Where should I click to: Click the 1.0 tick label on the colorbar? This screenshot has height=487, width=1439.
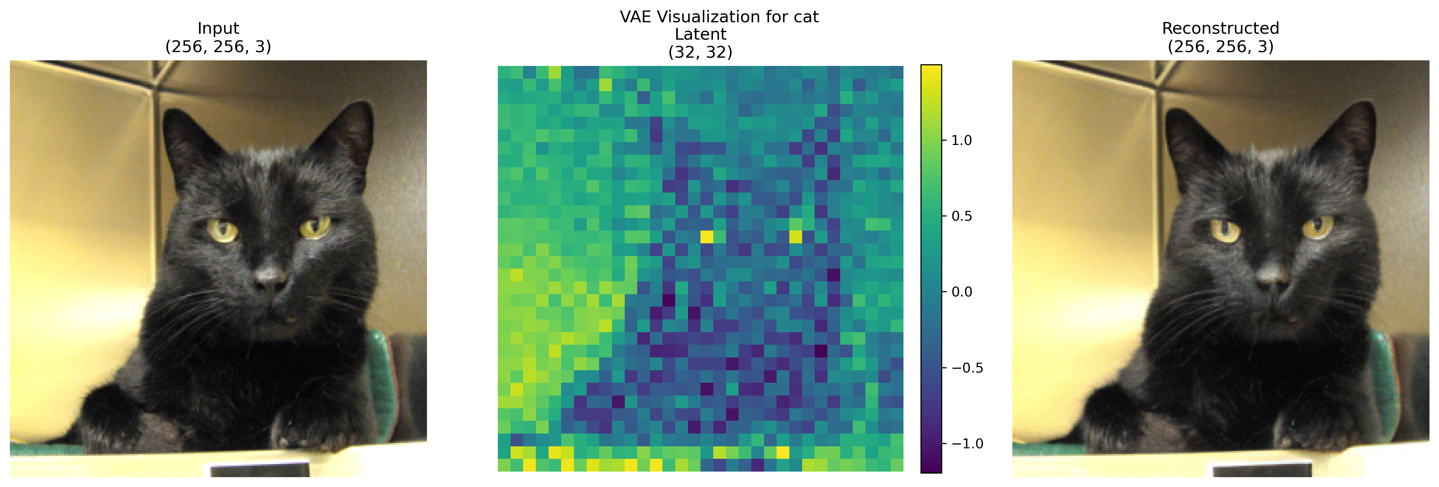point(962,140)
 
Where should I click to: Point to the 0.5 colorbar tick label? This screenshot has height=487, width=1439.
point(962,216)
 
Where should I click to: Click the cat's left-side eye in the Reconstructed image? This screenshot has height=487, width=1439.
point(1225,230)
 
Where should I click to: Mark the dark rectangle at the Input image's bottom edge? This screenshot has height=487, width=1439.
point(260,469)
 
